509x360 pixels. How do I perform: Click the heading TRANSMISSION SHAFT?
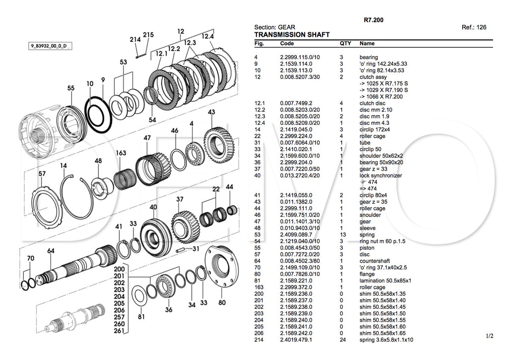[292, 35]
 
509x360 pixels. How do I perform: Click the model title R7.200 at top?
[373, 20]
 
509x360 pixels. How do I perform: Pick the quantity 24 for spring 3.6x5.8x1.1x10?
[342, 340]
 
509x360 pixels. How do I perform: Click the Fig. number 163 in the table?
[258, 287]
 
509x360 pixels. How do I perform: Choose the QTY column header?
[345, 43]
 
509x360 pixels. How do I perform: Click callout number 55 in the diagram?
[71, 88]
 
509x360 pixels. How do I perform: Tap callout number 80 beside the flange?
[222, 302]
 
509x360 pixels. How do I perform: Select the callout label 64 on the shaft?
[51, 251]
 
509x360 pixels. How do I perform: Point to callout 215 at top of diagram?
[148, 34]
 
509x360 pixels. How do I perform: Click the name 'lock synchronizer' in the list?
[381, 176]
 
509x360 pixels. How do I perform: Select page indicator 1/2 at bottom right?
[490, 337]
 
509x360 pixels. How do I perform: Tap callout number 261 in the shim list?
[118, 331]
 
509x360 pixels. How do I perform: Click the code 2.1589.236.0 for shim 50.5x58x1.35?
[296, 293]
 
